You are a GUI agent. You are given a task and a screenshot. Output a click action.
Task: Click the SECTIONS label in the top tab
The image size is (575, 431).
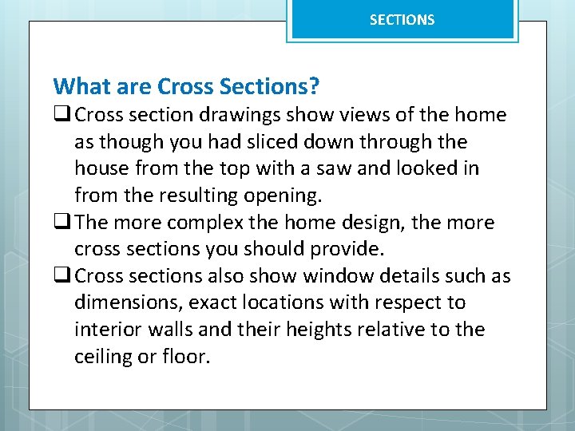coord(402,20)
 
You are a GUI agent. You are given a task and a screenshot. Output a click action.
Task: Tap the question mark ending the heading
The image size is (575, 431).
coord(314,85)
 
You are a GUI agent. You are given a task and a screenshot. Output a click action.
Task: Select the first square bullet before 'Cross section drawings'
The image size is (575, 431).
coord(61,115)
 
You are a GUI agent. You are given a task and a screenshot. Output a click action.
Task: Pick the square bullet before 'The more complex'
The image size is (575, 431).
coord(61,223)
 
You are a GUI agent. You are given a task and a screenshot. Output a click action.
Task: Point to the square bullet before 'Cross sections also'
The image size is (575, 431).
coord(61,276)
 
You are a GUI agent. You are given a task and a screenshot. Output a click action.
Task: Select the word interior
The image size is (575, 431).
coord(104,330)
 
